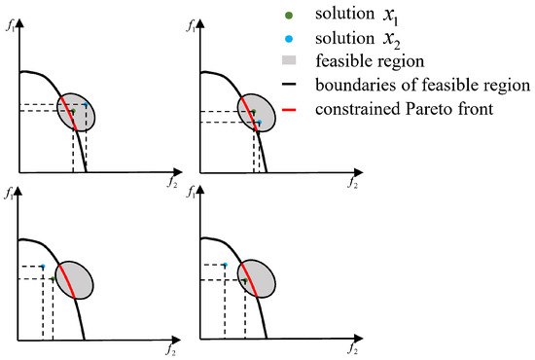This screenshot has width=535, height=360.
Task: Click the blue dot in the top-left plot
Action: tap(87, 105)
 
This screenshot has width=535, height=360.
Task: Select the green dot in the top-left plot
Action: tap(73, 111)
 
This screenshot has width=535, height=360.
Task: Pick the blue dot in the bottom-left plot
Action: tap(43, 267)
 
